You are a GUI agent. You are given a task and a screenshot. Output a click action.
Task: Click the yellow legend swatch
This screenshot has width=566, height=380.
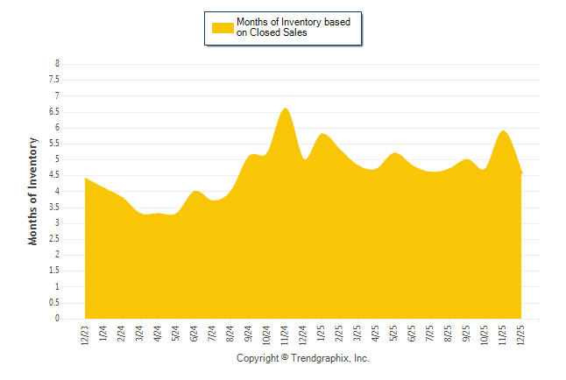click(223, 27)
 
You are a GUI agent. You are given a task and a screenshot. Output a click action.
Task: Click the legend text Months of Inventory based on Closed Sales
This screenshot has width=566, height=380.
click(294, 27)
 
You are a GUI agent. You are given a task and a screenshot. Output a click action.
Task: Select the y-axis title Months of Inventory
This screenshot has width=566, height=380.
click(33, 191)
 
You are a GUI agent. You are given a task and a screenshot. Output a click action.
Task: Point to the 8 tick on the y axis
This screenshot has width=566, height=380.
click(57, 64)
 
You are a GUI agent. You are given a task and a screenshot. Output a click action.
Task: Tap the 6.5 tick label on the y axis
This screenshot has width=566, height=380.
click(54, 112)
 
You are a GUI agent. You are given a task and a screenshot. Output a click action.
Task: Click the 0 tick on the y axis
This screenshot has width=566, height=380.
click(57, 319)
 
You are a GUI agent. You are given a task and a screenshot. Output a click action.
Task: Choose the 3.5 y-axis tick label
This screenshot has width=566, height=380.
click(54, 208)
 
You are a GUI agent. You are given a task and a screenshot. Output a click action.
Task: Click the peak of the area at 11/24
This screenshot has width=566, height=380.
click(286, 109)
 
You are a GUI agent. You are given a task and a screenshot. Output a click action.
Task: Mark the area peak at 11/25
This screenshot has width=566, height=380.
click(504, 130)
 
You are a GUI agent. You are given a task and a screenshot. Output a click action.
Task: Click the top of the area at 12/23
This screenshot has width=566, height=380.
click(85, 178)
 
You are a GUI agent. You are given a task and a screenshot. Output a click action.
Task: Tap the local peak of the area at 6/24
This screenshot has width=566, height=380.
click(195, 191)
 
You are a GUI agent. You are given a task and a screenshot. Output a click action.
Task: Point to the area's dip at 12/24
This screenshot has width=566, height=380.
click(304, 159)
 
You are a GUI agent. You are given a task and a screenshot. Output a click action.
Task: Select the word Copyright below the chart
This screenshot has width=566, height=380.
click(258, 359)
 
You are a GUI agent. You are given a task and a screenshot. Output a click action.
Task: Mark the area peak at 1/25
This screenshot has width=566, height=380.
click(322, 134)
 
